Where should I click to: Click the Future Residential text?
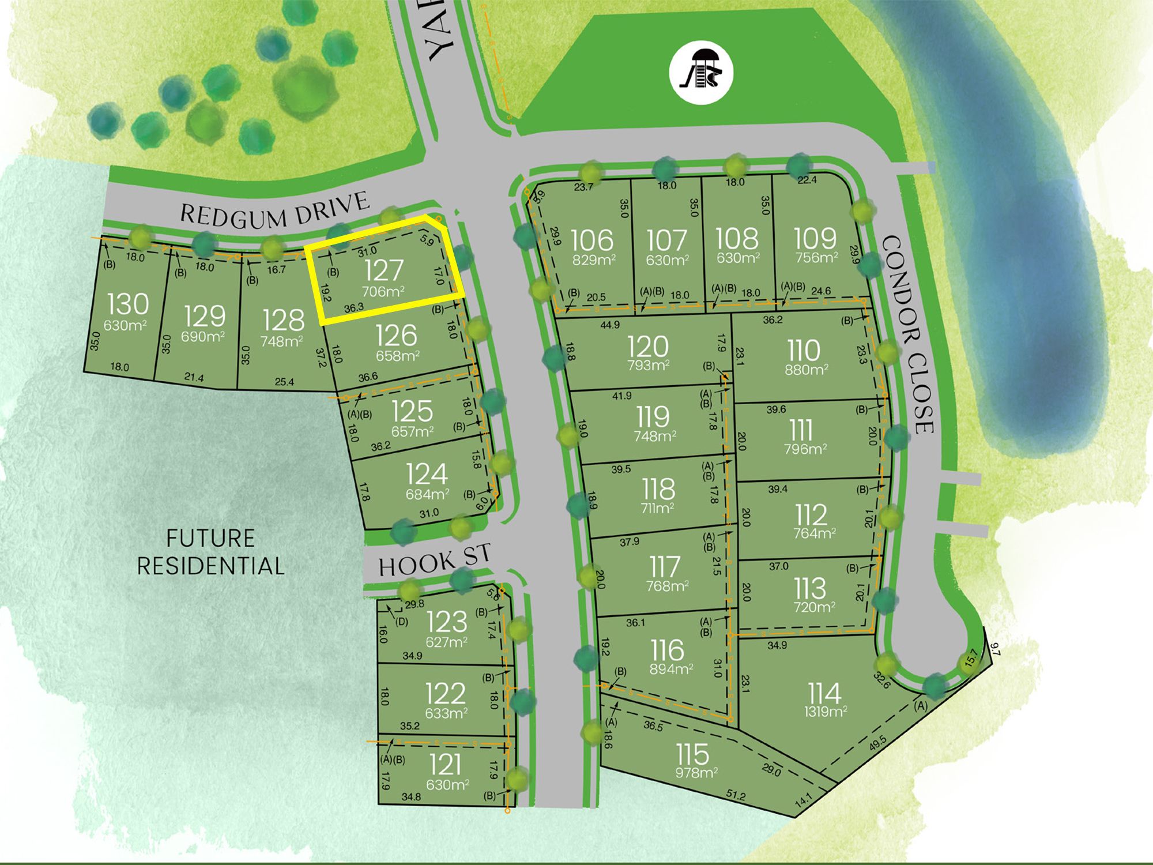[x=210, y=552]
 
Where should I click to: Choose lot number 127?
[x=384, y=270]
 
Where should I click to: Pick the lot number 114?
[x=824, y=693]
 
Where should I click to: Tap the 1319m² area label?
[x=826, y=712]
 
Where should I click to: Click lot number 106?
[x=593, y=240]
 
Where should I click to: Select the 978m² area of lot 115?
[x=696, y=772]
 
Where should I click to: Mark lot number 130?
[x=128, y=304]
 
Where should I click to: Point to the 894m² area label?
[x=671, y=669]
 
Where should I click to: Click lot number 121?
[x=446, y=765]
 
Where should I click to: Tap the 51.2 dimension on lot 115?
[x=736, y=796]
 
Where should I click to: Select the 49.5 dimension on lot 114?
[x=878, y=742]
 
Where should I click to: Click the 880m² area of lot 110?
[x=806, y=369]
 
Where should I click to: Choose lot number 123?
[x=447, y=622]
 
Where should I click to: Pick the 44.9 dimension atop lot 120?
[x=610, y=325]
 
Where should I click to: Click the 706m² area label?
[x=383, y=291]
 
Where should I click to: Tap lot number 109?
[x=815, y=238]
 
